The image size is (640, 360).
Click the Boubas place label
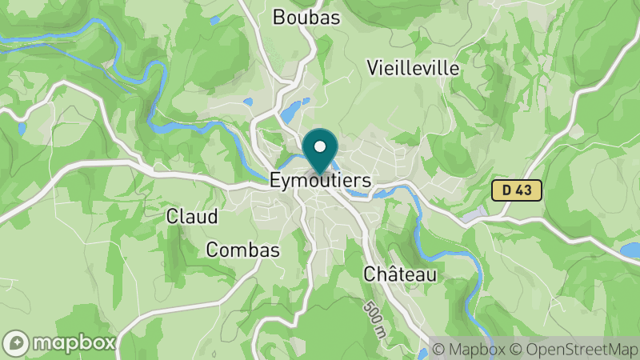point(306,17)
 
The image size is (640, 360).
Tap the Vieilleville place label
point(414,68)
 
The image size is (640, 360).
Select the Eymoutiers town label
point(320,181)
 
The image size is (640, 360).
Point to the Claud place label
point(192,216)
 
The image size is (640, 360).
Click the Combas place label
point(242,250)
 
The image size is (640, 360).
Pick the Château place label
point(400,274)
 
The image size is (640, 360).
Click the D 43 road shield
point(517,190)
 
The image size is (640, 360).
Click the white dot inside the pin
point(321,146)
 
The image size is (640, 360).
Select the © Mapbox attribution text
point(467,349)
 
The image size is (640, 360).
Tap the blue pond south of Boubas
point(293,109)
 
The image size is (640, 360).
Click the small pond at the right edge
point(630,250)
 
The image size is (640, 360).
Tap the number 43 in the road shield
point(524,190)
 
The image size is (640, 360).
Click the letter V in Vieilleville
point(373,68)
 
